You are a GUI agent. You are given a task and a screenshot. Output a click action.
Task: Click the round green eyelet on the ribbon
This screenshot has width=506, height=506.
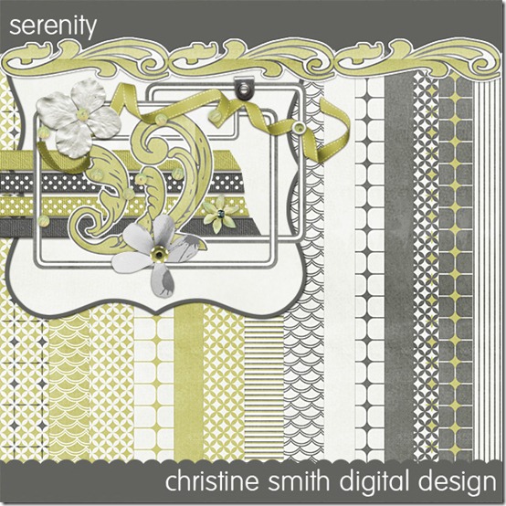click(x=299, y=128)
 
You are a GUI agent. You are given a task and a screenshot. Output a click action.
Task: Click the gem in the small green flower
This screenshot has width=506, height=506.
click(x=221, y=213)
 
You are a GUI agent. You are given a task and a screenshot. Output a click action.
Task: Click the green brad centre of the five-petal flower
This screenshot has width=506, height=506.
click(x=158, y=255)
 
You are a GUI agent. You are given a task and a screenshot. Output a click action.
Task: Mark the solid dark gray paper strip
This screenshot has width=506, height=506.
click(x=399, y=268)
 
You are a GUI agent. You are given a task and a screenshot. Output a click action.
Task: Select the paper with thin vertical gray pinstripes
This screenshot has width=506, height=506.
click(x=488, y=268)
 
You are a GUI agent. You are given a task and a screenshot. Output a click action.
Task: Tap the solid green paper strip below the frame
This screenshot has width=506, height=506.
click(x=188, y=384)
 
